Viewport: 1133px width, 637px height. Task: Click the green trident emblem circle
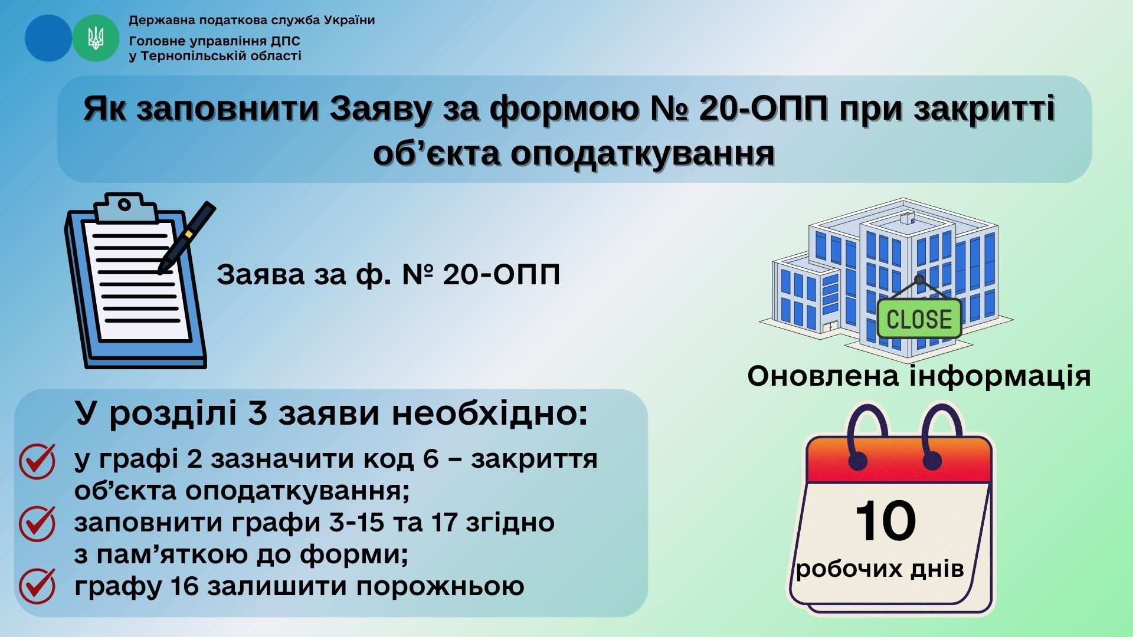(96, 38)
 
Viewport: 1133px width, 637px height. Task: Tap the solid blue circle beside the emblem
(48, 38)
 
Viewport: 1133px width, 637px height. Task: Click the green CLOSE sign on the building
(919, 319)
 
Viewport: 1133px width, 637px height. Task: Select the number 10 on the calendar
(885, 521)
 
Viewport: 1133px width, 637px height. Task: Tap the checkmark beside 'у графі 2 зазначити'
(37, 461)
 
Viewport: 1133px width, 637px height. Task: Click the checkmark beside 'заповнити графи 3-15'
(37, 524)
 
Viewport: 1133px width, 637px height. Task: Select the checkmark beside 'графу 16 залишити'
(37, 586)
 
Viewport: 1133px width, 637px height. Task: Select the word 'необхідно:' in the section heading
(489, 413)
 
